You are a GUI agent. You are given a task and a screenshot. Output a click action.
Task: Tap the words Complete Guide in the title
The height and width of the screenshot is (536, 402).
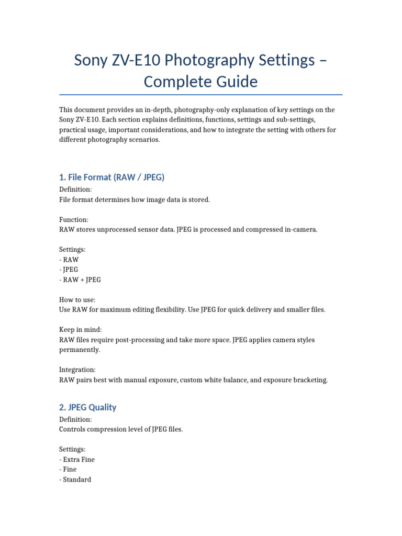(x=201, y=82)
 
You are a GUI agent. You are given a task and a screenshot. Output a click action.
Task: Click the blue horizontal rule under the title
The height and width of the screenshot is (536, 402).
(x=201, y=95)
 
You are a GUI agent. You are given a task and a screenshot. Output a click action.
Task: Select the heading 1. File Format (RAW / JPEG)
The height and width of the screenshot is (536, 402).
(x=111, y=177)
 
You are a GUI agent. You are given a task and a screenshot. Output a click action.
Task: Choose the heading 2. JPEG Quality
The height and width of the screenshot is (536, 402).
(x=87, y=407)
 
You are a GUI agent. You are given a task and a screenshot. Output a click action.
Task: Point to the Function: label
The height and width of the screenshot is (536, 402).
(x=74, y=220)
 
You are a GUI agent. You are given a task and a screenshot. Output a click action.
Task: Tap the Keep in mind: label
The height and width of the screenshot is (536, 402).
(x=81, y=330)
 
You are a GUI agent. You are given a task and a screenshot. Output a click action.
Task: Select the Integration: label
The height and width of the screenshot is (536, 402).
(x=77, y=370)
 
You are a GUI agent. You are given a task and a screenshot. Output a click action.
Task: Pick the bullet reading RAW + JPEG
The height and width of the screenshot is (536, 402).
(x=81, y=280)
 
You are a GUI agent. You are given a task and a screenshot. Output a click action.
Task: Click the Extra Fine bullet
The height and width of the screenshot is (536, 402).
(x=79, y=460)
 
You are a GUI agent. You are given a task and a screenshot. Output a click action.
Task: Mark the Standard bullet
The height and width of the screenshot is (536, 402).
(x=76, y=479)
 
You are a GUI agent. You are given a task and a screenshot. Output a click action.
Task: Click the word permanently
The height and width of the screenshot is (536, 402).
(x=80, y=350)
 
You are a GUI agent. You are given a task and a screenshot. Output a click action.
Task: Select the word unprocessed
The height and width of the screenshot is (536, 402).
(x=111, y=230)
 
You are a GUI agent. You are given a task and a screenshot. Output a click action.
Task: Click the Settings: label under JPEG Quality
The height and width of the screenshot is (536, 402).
(x=73, y=450)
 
